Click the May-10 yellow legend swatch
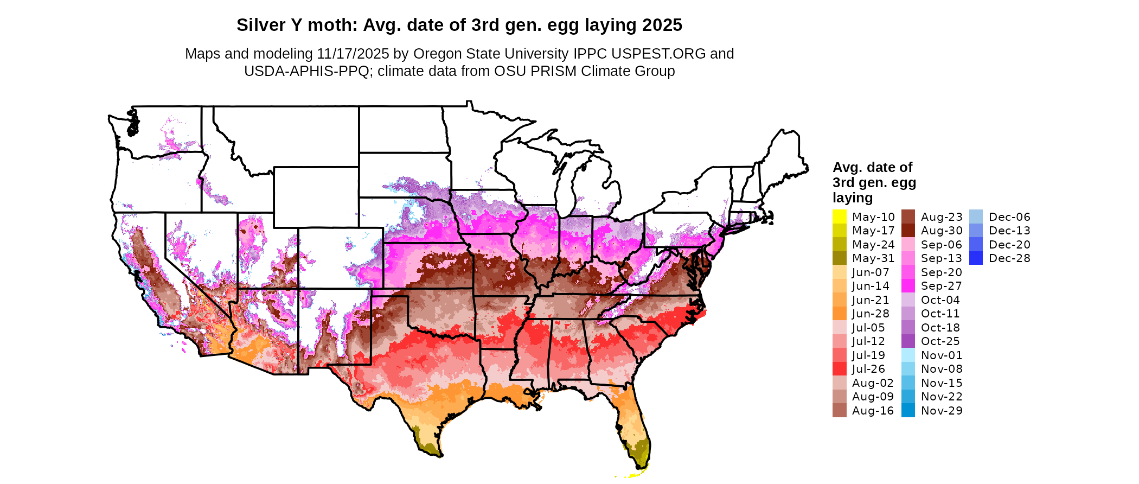point(839,216)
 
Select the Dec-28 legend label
point(1009,258)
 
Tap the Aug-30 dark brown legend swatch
point(908,231)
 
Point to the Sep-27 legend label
point(941,286)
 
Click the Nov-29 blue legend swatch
point(908,411)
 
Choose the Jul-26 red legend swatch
point(839,369)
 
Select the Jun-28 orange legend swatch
point(839,314)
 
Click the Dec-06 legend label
point(1009,217)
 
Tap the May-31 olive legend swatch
point(839,258)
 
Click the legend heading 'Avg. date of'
point(872,167)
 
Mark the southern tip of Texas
point(437,455)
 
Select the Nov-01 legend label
point(942,355)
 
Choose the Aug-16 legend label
point(873,411)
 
